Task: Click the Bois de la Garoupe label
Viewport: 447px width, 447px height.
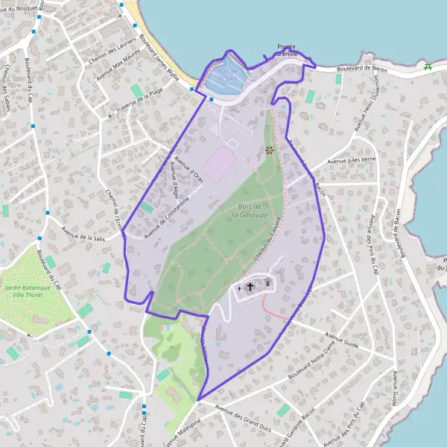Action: [245, 210]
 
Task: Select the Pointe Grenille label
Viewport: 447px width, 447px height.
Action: [286, 49]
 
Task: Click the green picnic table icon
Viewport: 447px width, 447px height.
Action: [428, 67]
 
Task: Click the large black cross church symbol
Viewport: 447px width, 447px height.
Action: [250, 285]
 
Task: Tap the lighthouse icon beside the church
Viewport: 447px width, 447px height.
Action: [266, 283]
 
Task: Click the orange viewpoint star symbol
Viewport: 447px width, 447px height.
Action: [269, 150]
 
